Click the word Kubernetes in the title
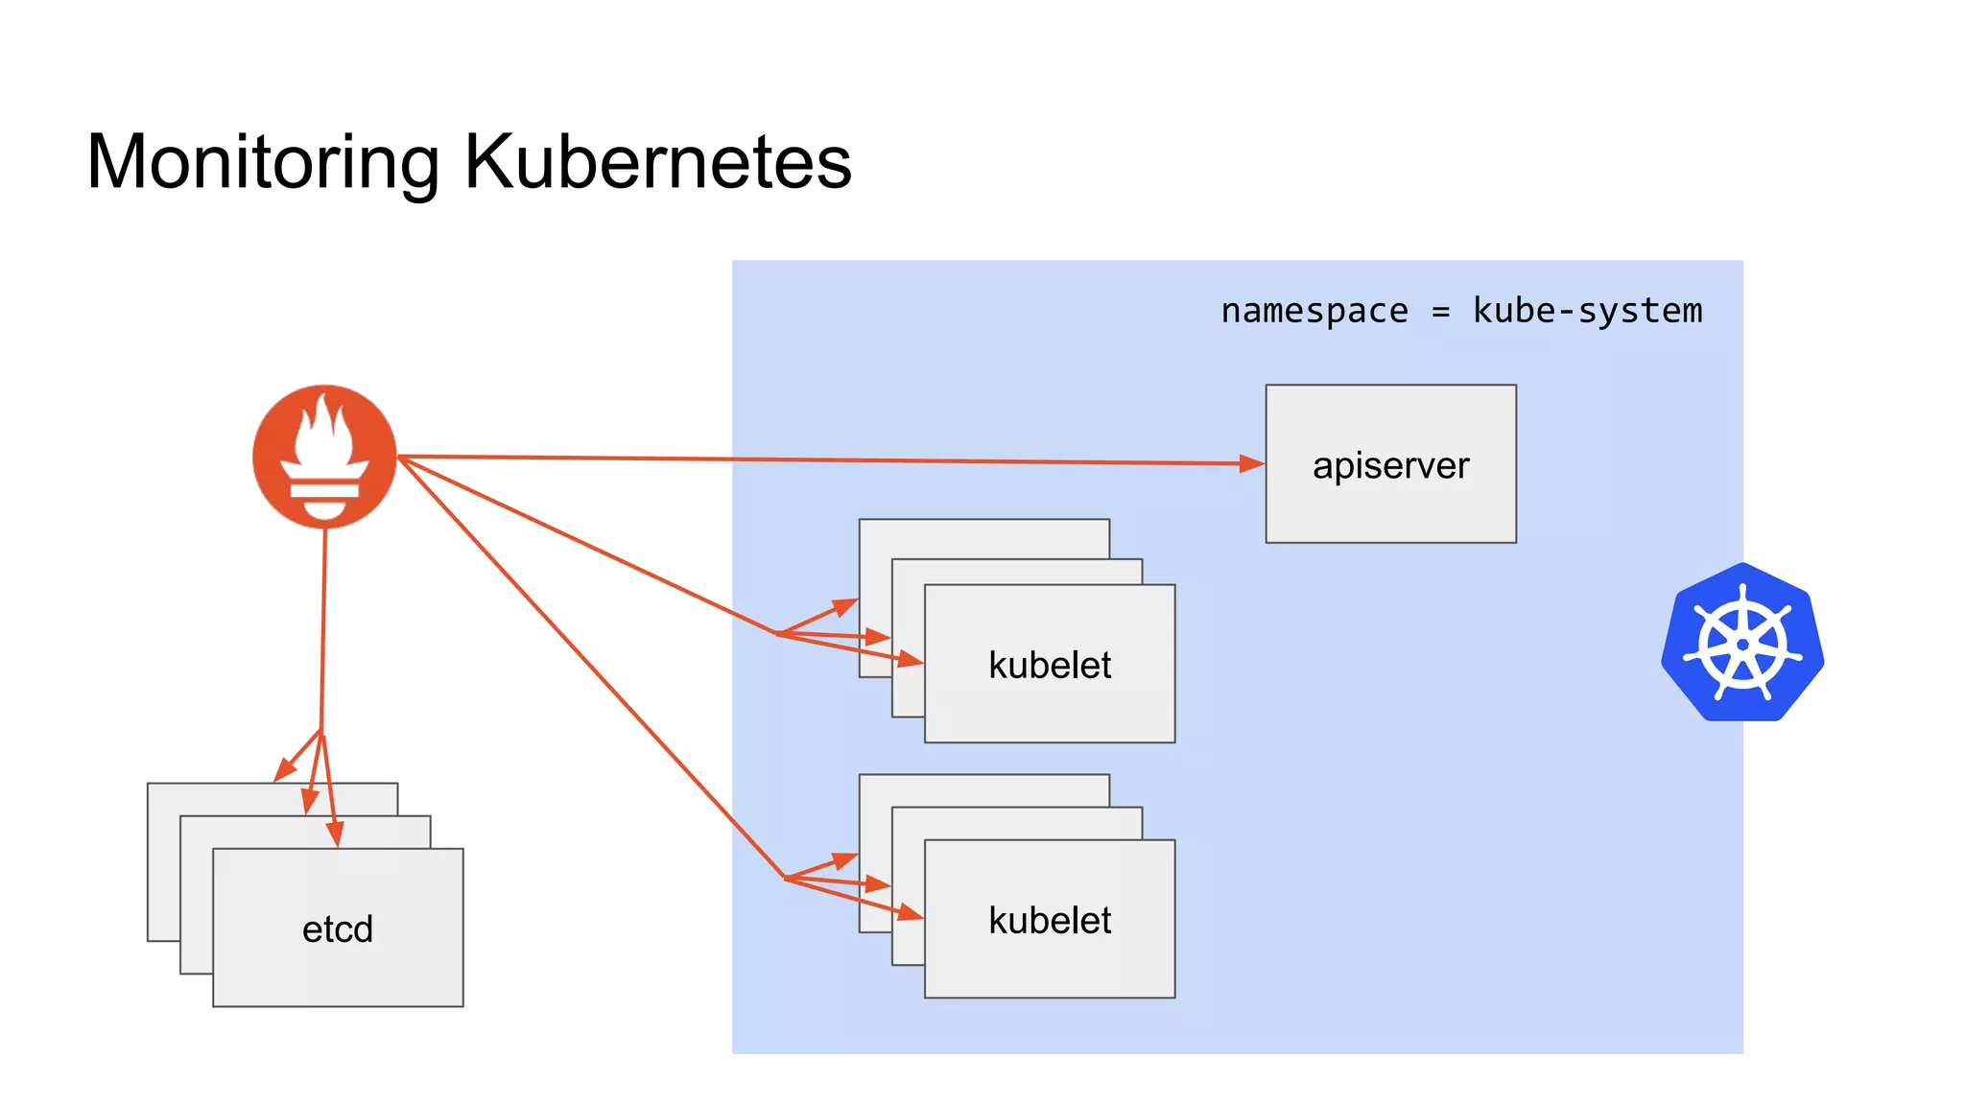coord(658,161)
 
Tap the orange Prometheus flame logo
coord(324,457)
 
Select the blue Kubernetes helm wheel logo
coord(1742,643)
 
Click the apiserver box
coord(1390,464)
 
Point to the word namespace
coord(1314,311)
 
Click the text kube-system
coord(1587,311)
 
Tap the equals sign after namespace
coord(1440,312)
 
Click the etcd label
coord(338,929)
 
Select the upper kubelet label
coord(1050,665)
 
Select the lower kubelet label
coord(1050,920)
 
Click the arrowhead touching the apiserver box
coord(1252,464)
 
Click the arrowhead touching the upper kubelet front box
coord(910,659)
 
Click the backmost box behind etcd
coord(163,863)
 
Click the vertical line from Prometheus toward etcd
coord(322,633)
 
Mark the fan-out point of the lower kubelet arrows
coord(785,878)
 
